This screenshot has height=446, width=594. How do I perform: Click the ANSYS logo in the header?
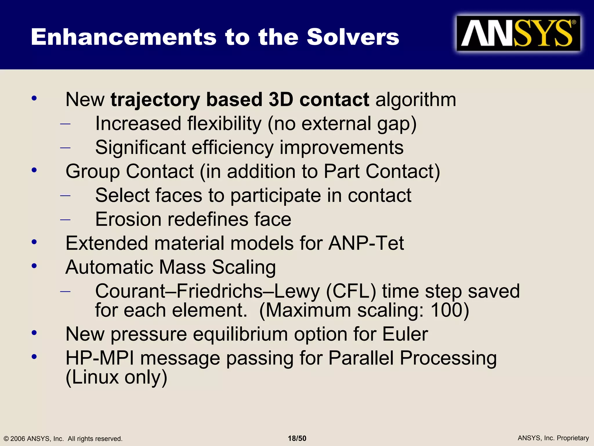tap(518, 34)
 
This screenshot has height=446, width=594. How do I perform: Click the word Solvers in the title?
tap(353, 37)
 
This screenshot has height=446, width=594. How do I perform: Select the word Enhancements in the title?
tap(124, 37)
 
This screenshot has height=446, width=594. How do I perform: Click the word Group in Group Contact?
tap(93, 172)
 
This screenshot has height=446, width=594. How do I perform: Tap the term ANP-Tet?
tap(366, 243)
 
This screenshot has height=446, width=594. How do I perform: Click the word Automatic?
tap(109, 267)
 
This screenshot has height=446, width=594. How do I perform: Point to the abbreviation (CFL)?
tap(351, 292)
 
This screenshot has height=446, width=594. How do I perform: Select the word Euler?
tap(405, 334)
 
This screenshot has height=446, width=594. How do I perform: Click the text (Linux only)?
tap(117, 377)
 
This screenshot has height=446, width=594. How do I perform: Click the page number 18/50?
tap(297, 438)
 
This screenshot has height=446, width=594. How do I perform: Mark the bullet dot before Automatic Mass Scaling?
tap(34, 266)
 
